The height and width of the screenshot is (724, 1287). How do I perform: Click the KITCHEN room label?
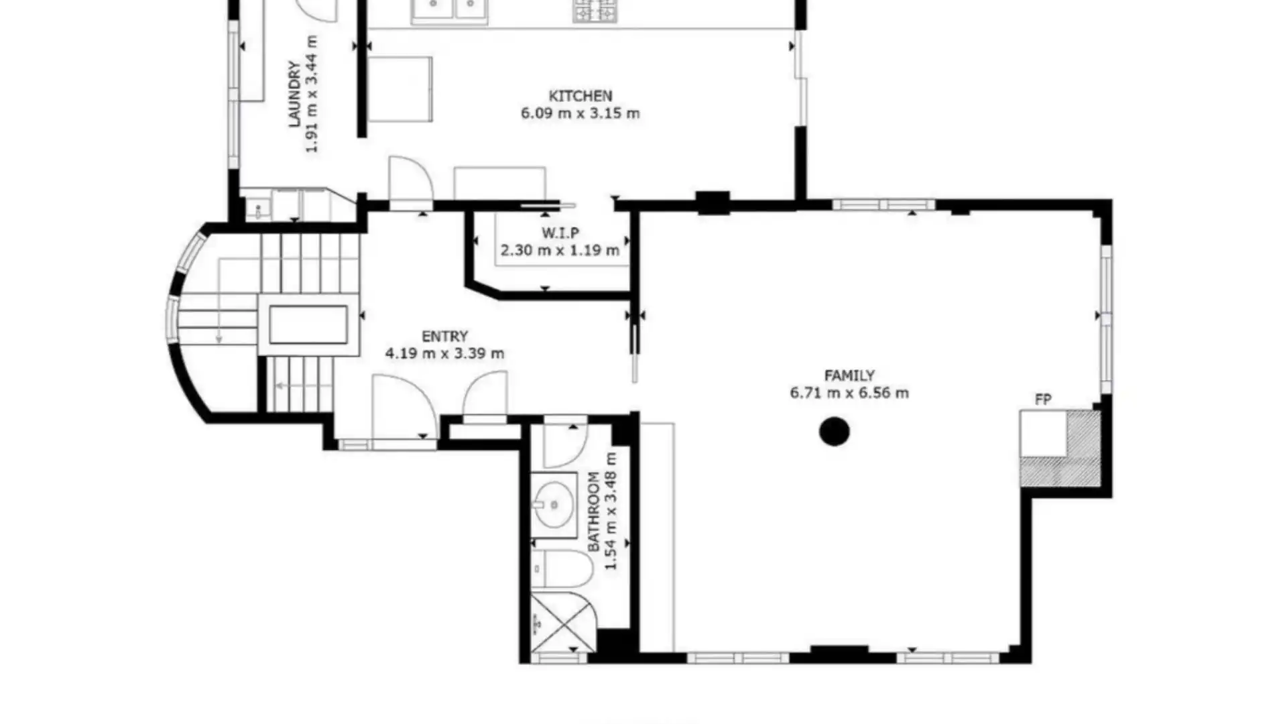click(x=580, y=96)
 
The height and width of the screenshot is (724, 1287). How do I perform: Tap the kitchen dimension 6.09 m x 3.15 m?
click(x=580, y=113)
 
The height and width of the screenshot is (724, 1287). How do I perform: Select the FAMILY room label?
click(x=849, y=375)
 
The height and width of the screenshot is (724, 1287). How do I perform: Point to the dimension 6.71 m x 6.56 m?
click(x=849, y=393)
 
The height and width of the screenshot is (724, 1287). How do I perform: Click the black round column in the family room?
click(x=835, y=432)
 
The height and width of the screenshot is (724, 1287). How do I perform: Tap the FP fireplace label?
click(x=1043, y=400)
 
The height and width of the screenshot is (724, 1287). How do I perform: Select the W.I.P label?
click(x=560, y=233)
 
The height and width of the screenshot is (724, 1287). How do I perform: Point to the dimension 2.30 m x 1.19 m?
click(x=560, y=251)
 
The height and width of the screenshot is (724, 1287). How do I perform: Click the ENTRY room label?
click(x=444, y=337)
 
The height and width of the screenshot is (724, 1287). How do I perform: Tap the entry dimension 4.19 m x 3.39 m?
click(x=444, y=353)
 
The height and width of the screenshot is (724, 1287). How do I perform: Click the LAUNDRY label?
click(x=294, y=94)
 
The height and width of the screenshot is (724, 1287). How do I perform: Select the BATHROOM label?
click(x=594, y=511)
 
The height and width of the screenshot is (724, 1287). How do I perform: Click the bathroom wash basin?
click(x=554, y=504)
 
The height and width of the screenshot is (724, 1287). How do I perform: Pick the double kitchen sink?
click(x=450, y=9)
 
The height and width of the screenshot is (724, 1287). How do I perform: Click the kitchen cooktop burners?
click(x=594, y=11)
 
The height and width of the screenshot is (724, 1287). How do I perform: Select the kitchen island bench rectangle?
click(x=400, y=89)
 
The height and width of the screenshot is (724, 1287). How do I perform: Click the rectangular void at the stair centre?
click(x=308, y=324)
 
